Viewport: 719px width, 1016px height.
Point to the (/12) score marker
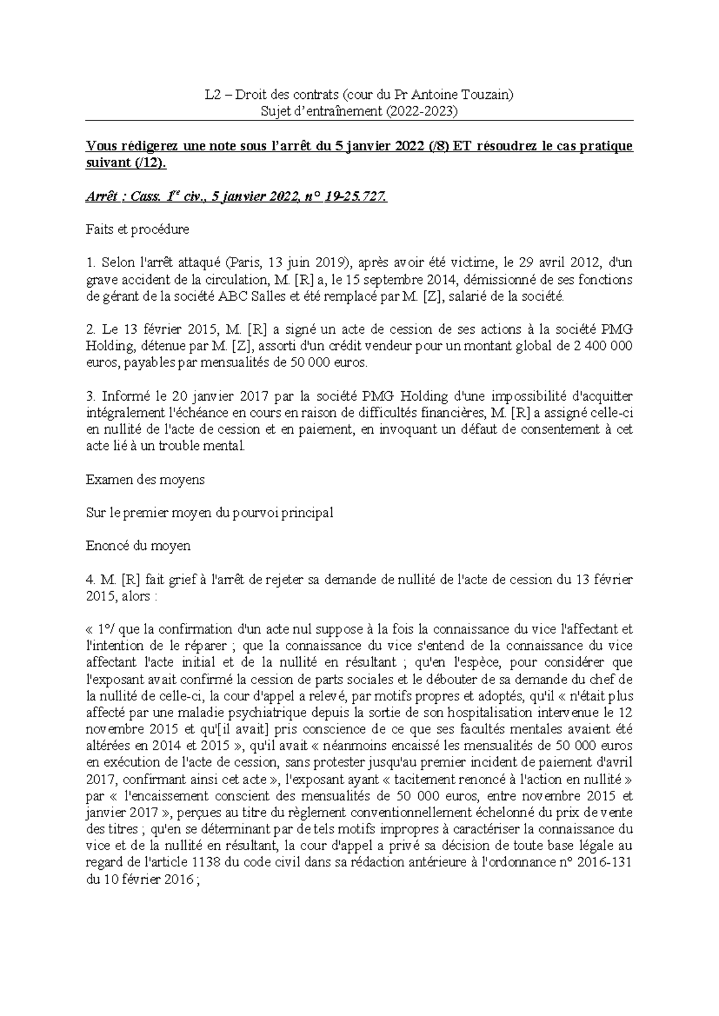pos(147,163)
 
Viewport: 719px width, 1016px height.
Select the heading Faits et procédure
pos(138,229)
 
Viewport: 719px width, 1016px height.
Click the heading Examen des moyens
pos(146,479)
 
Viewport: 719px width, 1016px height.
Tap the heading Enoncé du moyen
pos(138,546)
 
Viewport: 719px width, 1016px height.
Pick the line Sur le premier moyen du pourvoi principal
pos(210,513)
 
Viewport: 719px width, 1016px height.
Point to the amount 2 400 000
pos(597,346)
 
